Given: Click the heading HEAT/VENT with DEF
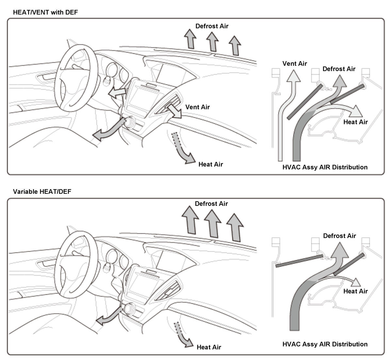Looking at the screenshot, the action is coord(45,12).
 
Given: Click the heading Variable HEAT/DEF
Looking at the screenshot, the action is coord(42,192).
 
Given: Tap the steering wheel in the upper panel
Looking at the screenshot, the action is coord(58,82).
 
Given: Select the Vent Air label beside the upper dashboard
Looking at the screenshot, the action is coord(197,107).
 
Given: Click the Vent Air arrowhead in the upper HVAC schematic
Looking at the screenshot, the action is coord(293,76).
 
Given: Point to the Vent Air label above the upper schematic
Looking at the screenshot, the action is coord(294,64).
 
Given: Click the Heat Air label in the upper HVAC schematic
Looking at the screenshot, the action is coord(355,122).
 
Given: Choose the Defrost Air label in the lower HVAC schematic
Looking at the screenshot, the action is coord(339,236).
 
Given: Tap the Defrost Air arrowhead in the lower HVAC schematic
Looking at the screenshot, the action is coord(340,250).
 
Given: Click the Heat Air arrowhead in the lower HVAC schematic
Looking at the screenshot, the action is coord(356,282).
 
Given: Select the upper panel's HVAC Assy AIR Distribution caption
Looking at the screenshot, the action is coord(325,167).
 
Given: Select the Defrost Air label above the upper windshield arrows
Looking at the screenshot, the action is coord(212,26).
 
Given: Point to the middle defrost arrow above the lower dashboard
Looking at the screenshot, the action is coord(213,224).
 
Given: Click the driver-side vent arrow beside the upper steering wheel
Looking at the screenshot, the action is coord(117,93).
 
